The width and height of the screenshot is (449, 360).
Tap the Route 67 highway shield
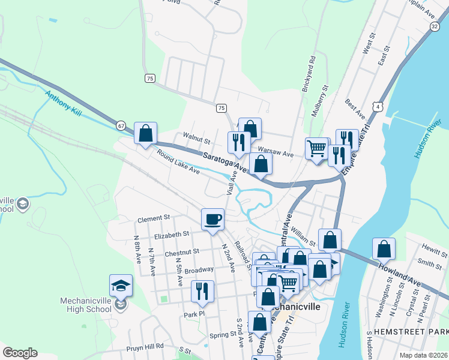click(x=121, y=125)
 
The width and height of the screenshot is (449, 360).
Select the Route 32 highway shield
click(x=435, y=26)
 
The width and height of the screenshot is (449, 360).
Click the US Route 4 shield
click(x=378, y=106)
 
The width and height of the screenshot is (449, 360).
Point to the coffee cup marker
click(x=212, y=220)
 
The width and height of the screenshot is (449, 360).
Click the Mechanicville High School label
click(x=86, y=304)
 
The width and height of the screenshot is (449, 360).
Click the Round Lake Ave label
click(x=178, y=161)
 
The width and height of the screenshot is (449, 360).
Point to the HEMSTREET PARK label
click(x=411, y=332)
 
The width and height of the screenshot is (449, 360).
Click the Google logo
click(x=20, y=353)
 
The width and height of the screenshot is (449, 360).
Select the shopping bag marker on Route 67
click(x=145, y=134)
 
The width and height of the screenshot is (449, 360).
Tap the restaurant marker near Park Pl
click(x=202, y=292)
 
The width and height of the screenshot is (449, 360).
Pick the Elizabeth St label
click(x=172, y=234)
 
